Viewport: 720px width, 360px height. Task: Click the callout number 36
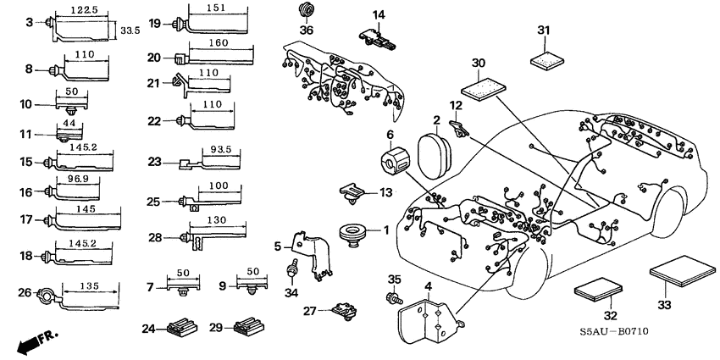click(x=307, y=30)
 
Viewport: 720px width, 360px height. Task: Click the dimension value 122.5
click(x=81, y=10)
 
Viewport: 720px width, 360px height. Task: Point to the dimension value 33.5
click(x=129, y=30)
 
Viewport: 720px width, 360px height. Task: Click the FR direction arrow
click(x=33, y=341)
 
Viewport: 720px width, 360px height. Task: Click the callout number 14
click(x=378, y=14)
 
